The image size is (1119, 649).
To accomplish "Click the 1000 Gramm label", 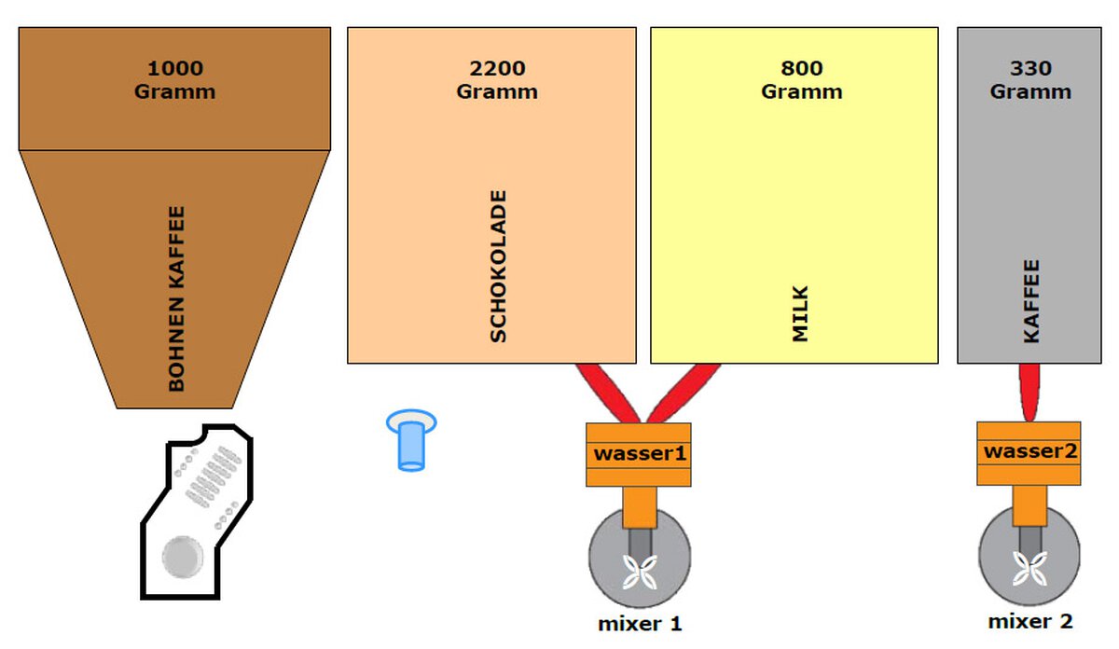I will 174,80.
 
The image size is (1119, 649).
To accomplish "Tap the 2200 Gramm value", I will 496,80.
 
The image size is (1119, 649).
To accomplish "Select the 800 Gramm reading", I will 801,80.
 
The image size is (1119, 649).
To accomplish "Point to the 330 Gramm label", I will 1030,80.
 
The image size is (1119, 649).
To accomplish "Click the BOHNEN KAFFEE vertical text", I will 177,297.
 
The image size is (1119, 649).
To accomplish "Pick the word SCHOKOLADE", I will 499,267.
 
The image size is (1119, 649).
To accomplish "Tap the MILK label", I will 800,314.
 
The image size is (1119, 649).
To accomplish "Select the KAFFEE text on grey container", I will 1031,301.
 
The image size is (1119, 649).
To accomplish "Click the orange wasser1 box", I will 639,455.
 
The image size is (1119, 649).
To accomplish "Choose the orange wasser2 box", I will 1029,452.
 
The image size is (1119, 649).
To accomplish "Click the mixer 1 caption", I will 640,624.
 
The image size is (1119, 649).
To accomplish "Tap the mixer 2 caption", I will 1030,621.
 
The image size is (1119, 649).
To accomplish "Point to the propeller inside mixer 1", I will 640,571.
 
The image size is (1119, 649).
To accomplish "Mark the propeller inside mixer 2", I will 1030,567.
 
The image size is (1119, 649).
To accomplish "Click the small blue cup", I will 411,440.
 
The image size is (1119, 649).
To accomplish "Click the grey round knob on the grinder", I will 182,558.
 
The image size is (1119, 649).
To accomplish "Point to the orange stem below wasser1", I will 640,506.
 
